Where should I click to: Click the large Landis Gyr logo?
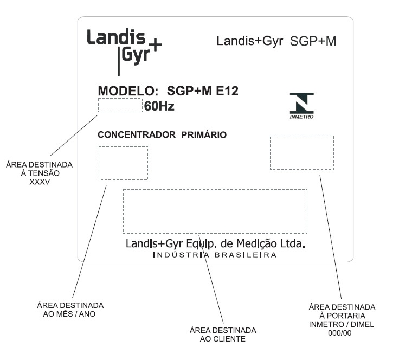click(x=124, y=52)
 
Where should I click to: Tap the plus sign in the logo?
click(x=155, y=46)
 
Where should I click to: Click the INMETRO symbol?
click(x=302, y=106)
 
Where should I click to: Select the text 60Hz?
click(x=159, y=106)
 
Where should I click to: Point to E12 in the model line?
click(x=227, y=91)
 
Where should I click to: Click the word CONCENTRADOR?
click(x=137, y=134)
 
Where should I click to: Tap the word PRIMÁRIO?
click(x=204, y=134)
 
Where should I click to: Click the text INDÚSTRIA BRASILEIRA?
click(x=215, y=255)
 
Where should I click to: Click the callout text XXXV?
click(x=40, y=182)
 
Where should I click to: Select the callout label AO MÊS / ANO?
click(x=69, y=314)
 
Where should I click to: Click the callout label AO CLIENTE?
click(x=223, y=339)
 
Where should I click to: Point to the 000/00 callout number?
click(x=340, y=333)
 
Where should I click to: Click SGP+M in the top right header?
click(x=313, y=41)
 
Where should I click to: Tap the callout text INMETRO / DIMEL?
click(x=342, y=324)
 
